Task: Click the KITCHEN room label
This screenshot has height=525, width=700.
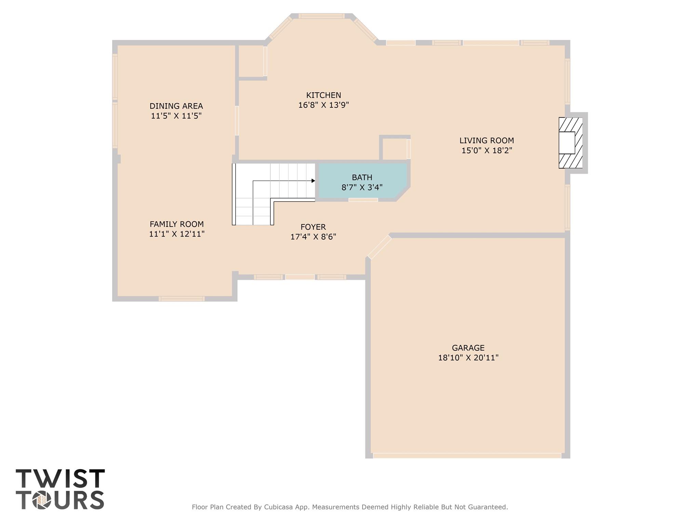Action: click(x=323, y=95)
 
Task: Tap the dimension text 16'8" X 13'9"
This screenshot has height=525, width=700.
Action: click(x=323, y=105)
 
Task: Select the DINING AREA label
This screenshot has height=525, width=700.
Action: click(x=176, y=106)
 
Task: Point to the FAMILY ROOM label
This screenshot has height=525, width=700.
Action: click(x=176, y=224)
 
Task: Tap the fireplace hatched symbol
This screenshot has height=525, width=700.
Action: click(x=570, y=143)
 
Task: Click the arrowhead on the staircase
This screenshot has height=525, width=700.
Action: click(x=313, y=180)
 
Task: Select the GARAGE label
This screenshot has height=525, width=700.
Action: click(x=468, y=348)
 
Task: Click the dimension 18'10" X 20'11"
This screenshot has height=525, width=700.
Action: click(x=468, y=358)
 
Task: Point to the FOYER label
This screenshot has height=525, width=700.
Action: click(x=313, y=227)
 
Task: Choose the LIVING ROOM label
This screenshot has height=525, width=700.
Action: click(x=486, y=140)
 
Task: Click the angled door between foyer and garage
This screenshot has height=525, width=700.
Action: click(x=379, y=247)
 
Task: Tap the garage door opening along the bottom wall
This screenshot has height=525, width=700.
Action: click(x=467, y=456)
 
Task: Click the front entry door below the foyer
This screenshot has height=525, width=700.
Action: click(x=300, y=277)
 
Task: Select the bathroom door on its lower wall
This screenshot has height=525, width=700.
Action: click(x=363, y=200)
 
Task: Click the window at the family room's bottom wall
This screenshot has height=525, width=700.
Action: click(x=181, y=299)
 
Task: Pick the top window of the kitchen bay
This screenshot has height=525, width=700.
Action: click(x=321, y=16)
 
